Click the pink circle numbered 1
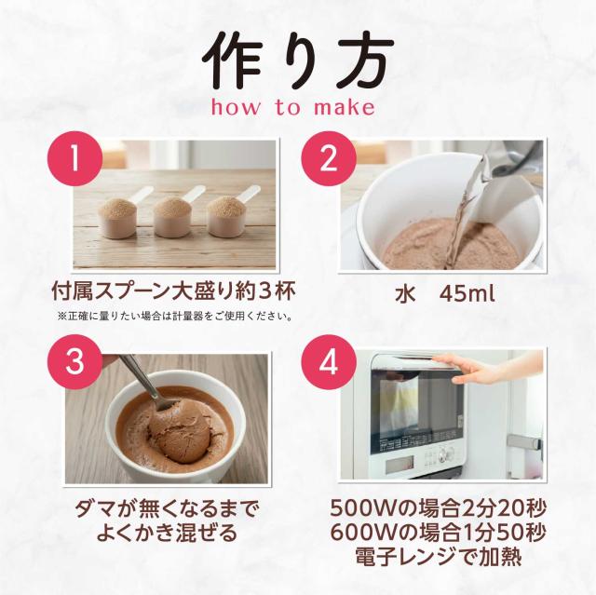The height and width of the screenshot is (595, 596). (75, 158)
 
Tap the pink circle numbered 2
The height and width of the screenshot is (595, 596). (329, 158)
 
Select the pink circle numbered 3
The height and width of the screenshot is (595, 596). (74, 362)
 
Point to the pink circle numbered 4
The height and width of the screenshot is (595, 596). (329, 362)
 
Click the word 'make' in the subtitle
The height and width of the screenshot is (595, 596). (344, 107)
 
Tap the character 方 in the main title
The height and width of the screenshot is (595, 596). (360, 61)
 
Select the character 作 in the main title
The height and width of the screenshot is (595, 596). (234, 61)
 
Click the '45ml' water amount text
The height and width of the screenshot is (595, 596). (467, 293)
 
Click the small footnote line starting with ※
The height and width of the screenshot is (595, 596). (175, 316)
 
